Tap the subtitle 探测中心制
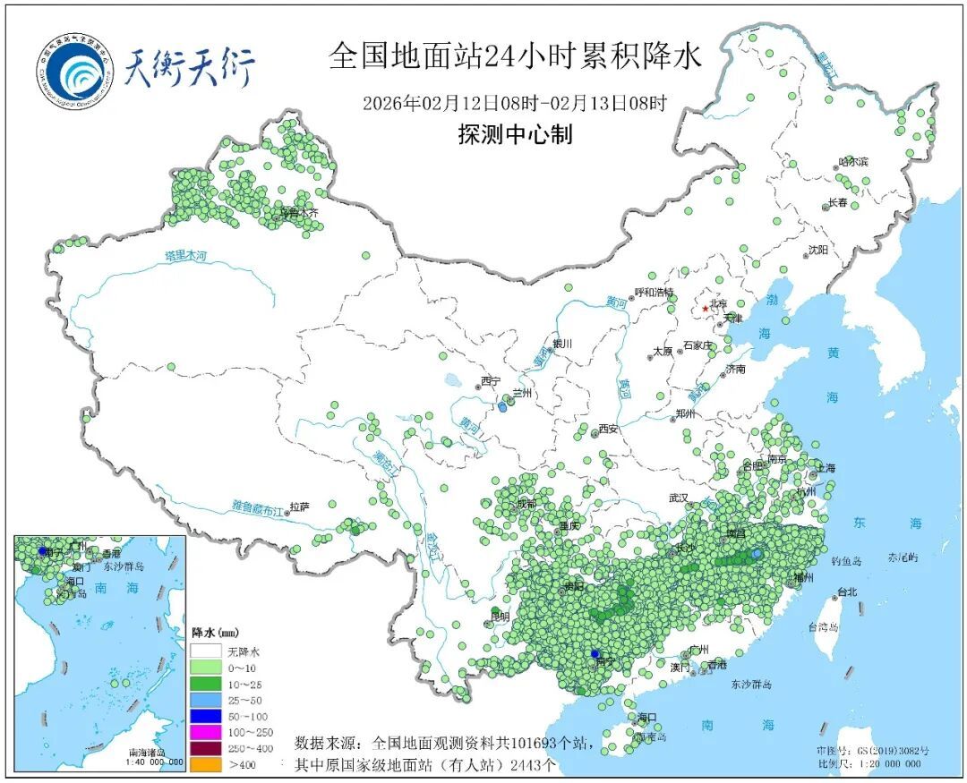(x=515, y=134)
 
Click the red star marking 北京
(x=705, y=309)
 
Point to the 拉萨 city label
(x=299, y=507)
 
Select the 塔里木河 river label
(x=185, y=257)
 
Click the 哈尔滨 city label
(x=853, y=162)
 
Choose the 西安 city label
(x=609, y=429)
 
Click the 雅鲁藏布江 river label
(x=256, y=507)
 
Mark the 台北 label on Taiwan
(x=846, y=592)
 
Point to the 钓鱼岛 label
(x=845, y=560)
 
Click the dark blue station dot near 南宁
(x=595, y=654)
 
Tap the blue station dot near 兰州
(x=502, y=407)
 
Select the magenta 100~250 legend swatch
(x=207, y=732)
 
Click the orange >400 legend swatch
(x=207, y=764)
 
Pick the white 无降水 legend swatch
(x=207, y=651)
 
